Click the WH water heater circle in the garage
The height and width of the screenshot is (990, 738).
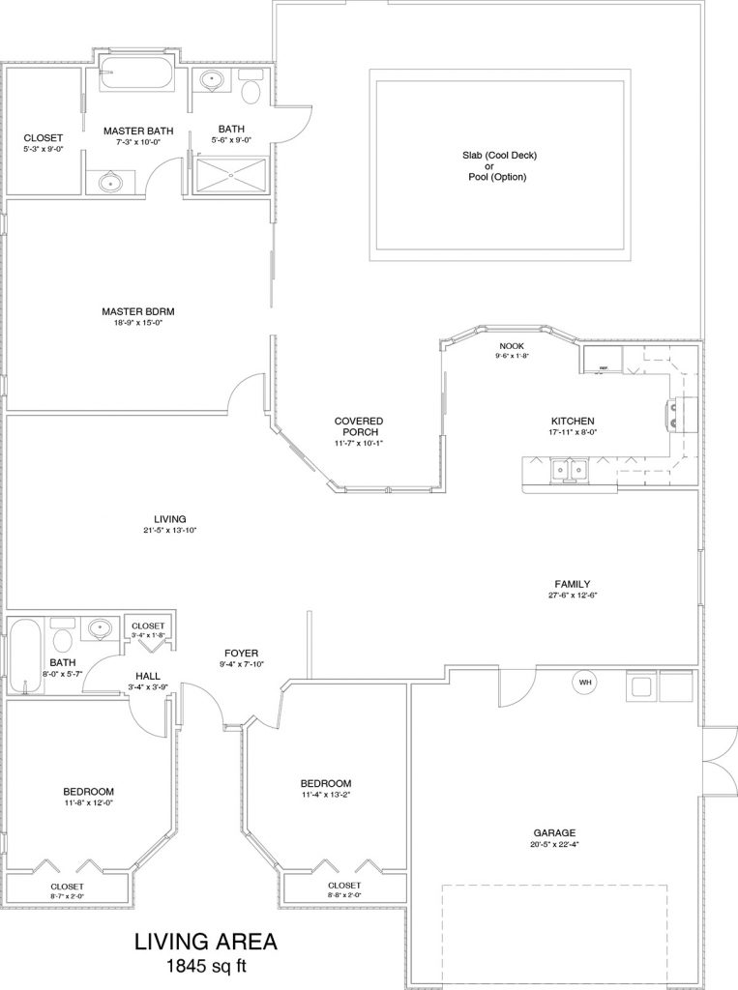click(585, 682)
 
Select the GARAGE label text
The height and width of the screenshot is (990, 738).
click(554, 831)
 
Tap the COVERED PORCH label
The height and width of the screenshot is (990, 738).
click(359, 426)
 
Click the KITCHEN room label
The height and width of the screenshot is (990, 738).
click(573, 421)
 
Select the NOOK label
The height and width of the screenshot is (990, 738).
click(512, 345)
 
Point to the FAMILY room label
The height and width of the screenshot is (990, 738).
click(573, 583)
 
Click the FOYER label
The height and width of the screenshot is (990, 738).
click(240, 653)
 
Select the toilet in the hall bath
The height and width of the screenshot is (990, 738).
click(63, 639)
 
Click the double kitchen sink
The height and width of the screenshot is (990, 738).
click(570, 470)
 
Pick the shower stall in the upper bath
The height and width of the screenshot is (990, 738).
click(230, 174)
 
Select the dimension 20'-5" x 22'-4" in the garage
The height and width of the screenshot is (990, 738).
click(554, 843)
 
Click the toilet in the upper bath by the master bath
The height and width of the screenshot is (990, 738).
click(252, 91)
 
